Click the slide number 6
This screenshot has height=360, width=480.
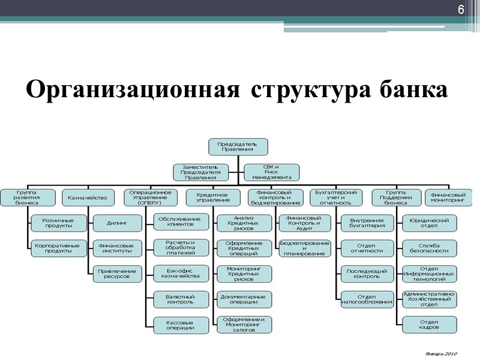(461, 10)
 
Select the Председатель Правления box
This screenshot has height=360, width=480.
(238, 146)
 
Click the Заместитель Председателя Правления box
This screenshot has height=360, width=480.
(200, 172)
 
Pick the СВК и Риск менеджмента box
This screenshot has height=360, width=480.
(271, 172)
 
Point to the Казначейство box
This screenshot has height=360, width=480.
(88, 197)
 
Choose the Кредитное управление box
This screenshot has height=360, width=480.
(212, 197)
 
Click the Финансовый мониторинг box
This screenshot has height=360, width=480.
(449, 197)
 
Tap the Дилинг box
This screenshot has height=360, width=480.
(116, 223)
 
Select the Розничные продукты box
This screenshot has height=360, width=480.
(58, 223)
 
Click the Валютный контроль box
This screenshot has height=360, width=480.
(181, 299)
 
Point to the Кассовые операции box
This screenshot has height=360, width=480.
(181, 325)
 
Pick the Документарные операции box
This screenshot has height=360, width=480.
(243, 299)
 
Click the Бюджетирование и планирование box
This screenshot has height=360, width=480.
(304, 248)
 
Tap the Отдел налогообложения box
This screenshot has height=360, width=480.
(367, 299)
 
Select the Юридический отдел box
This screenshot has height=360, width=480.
(429, 223)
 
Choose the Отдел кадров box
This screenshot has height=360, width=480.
(429, 325)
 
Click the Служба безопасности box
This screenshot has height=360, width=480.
(429, 248)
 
